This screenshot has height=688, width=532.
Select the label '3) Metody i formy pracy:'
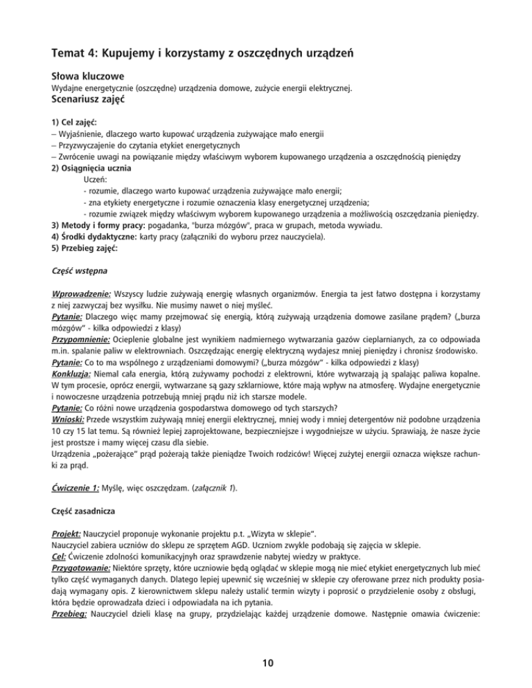[x=104, y=226]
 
